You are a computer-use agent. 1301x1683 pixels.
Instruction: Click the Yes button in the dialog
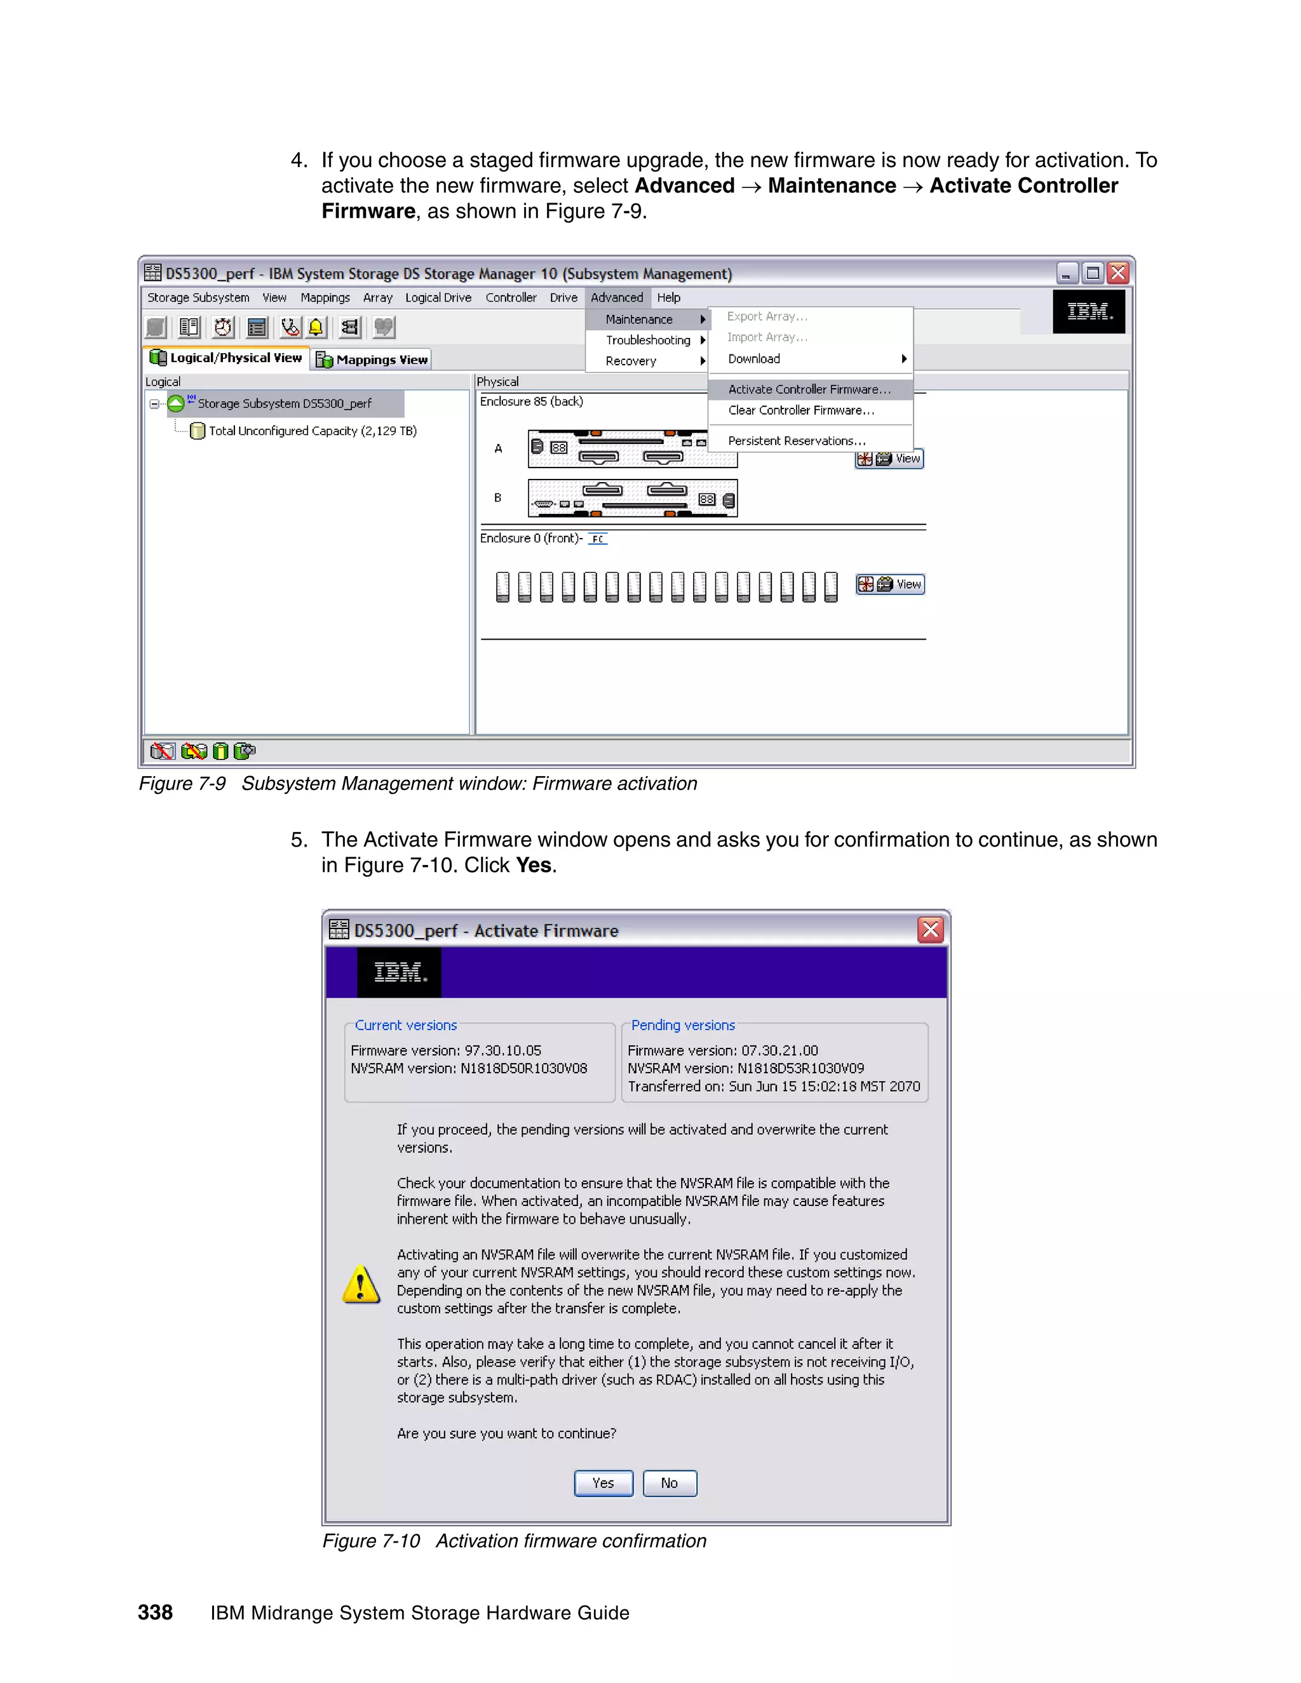pyautogui.click(x=603, y=1483)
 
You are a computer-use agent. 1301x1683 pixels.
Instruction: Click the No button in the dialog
pyautogui.click(x=669, y=1483)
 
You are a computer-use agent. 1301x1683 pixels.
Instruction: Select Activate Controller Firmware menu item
pyautogui.click(x=809, y=389)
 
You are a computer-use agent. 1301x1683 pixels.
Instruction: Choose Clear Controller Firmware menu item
pyautogui.click(x=801, y=410)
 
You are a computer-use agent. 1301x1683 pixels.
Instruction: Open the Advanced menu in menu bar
pyautogui.click(x=617, y=297)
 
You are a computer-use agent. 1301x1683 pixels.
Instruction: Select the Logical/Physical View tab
pyautogui.click(x=227, y=358)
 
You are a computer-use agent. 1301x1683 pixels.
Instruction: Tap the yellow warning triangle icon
pyautogui.click(x=361, y=1284)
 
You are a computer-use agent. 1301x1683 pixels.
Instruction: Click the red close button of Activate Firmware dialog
pyautogui.click(x=930, y=930)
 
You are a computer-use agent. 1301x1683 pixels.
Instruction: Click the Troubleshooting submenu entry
pyautogui.click(x=647, y=340)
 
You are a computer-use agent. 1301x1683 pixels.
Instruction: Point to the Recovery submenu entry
pyautogui.click(x=630, y=361)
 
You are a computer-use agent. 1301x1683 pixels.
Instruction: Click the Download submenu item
pyautogui.click(x=754, y=358)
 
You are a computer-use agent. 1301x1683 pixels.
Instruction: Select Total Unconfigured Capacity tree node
pyautogui.click(x=312, y=431)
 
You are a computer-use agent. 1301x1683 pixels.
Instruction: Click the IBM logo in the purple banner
pyautogui.click(x=399, y=972)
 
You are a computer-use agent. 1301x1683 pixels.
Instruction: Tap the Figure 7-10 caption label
pyautogui.click(x=371, y=1541)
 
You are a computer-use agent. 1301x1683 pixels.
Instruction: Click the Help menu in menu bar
pyautogui.click(x=668, y=297)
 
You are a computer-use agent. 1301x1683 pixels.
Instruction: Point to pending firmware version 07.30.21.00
pyautogui.click(x=779, y=1050)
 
